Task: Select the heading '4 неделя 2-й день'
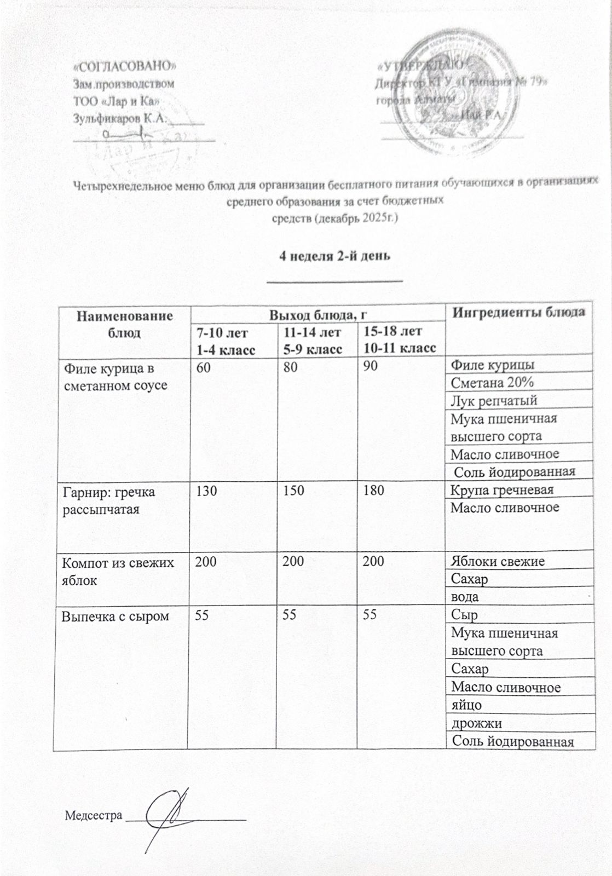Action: coord(334,256)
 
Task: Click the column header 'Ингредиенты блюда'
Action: coord(518,313)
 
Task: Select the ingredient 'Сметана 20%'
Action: coord(492,382)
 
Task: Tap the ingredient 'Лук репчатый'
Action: coord(493,400)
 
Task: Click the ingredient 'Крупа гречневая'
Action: coord(502,489)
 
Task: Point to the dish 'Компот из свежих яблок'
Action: coord(117,570)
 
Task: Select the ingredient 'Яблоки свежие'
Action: coord(497,561)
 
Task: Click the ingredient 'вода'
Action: coord(464,596)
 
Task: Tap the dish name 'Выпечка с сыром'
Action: coord(115,616)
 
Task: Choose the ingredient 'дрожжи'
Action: coord(476,723)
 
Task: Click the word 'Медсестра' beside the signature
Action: coord(94,816)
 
